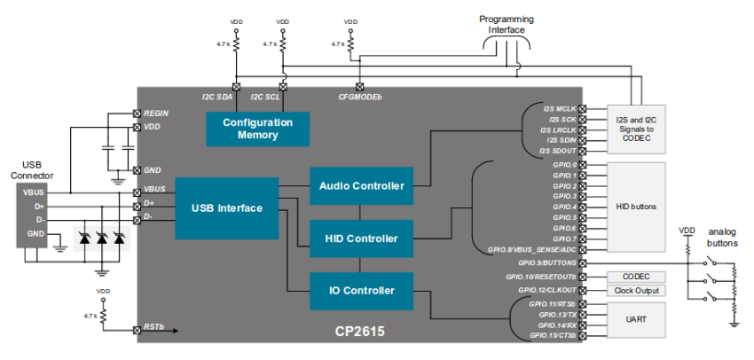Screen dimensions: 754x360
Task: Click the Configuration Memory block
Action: pyautogui.click(x=258, y=129)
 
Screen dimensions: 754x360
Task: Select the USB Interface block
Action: pyautogui.click(x=227, y=208)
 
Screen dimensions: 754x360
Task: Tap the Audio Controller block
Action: pyautogui.click(x=362, y=185)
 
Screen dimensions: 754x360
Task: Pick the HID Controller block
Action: pyautogui.click(x=362, y=239)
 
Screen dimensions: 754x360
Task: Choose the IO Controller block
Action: pyautogui.click(x=362, y=291)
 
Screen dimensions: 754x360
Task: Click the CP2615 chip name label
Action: pyautogui.click(x=359, y=332)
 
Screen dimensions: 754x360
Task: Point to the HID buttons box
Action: pyautogui.click(x=636, y=207)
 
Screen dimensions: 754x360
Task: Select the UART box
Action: pyautogui.click(x=636, y=320)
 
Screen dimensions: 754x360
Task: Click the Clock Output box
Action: pyautogui.click(x=636, y=291)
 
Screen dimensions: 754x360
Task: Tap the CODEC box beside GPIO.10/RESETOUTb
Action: pyautogui.click(x=636, y=277)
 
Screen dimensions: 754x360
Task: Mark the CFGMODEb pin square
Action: pyautogui.click(x=359, y=87)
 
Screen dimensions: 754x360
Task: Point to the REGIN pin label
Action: pyautogui.click(x=156, y=113)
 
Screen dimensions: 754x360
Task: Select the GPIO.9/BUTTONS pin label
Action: pyautogui.click(x=546, y=263)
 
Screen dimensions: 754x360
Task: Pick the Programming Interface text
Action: pyautogui.click(x=507, y=25)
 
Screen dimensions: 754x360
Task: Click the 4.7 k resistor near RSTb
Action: pyautogui.click(x=102, y=317)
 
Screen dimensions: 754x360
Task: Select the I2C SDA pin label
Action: pyautogui.click(x=216, y=97)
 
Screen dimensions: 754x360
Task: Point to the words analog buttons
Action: pyautogui.click(x=722, y=238)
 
